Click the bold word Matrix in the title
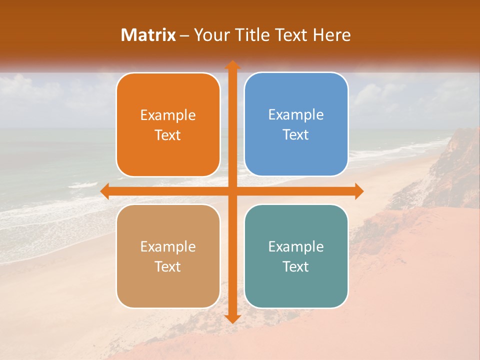pos(148,35)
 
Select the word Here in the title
pos(332,35)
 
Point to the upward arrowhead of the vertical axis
pos(232,65)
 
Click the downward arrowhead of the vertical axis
pos(232,318)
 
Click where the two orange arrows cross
pos(232,190)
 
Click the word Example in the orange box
pos(168,115)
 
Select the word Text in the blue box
pos(296,135)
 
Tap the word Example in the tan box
pos(168,247)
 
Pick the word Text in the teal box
pos(296,266)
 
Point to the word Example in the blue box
pos(296,115)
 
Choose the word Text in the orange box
pos(168,135)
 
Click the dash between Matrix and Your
pos(184,35)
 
